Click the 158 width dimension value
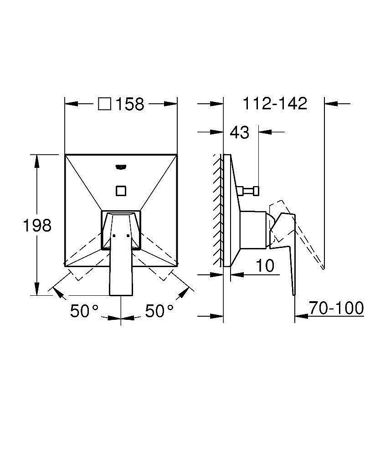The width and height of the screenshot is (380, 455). pos(130,104)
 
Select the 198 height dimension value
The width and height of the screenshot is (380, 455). pos(37,225)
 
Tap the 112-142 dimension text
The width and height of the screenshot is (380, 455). pos(275,103)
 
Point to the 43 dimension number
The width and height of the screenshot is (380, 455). pos(239,132)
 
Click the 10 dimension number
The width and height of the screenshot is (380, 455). pos(265,265)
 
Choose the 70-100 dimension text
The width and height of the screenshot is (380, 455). pos(336,308)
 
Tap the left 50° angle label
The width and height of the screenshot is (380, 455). pos(84,311)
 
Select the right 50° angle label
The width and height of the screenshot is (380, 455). pos(159,311)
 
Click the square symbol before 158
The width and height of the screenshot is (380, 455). pos(105,104)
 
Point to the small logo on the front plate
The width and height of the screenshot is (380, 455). pos(121,167)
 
